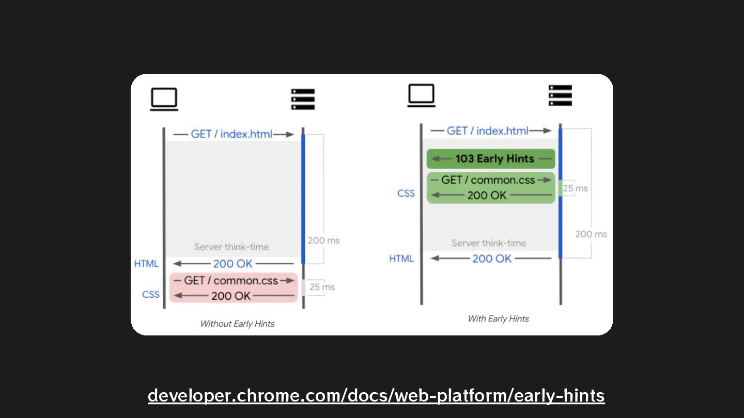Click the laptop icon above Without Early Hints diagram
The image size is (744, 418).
tap(164, 99)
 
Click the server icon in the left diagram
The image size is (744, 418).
tap(303, 99)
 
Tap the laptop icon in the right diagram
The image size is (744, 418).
tap(421, 95)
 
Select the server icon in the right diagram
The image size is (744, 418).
tap(560, 95)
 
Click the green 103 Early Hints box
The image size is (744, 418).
tap(491, 159)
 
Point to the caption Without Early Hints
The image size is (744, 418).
tap(237, 324)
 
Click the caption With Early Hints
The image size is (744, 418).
tap(498, 319)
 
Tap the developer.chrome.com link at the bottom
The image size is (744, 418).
tap(376, 396)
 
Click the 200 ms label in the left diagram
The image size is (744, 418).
tap(323, 240)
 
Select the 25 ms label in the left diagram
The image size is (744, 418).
tap(322, 287)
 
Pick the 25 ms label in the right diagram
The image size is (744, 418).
tap(575, 188)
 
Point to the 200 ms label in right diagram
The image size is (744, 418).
tap(591, 234)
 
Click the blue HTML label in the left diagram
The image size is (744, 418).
tap(146, 264)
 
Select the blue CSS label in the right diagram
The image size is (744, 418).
tap(406, 194)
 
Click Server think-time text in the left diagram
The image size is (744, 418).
tap(231, 247)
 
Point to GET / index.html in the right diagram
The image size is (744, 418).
tap(487, 131)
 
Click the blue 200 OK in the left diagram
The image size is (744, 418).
tap(233, 264)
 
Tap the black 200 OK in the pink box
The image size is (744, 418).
tap(231, 296)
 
